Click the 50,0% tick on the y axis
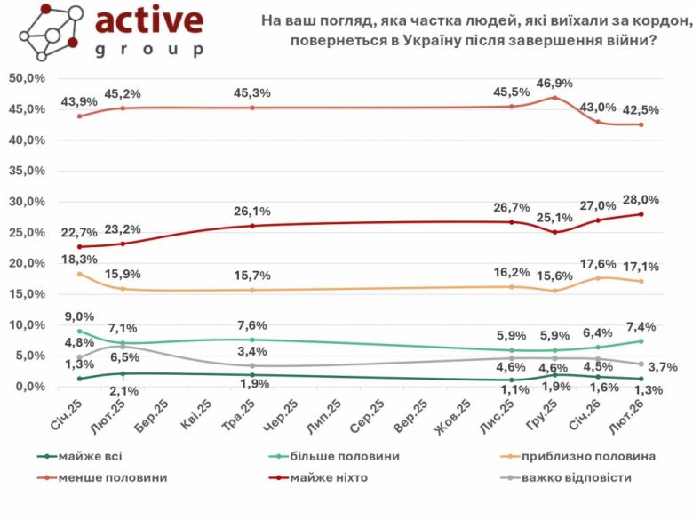(27, 78)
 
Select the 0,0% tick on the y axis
(28, 387)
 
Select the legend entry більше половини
(346, 457)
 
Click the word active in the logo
(148, 22)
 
